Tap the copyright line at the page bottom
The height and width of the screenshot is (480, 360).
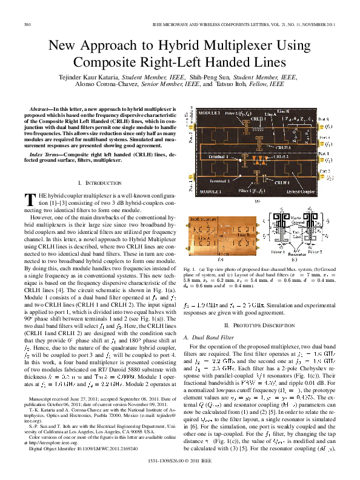tap(179, 469)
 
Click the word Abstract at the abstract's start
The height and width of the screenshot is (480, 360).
tap(39, 109)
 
